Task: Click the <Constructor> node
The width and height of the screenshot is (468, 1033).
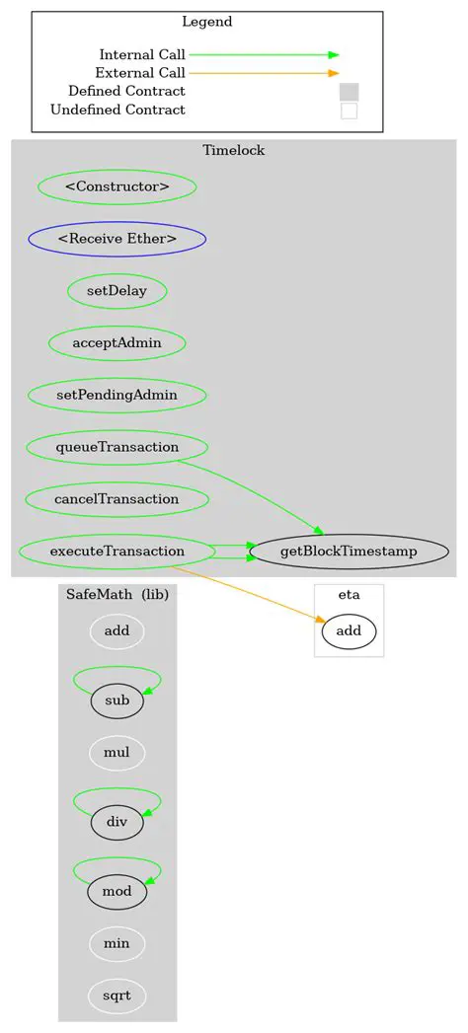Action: point(117,185)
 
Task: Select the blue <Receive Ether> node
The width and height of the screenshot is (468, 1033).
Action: point(117,238)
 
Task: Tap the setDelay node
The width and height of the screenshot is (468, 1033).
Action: point(117,291)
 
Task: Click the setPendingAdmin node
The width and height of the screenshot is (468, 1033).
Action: point(117,395)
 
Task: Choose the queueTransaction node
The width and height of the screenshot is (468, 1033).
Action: point(117,447)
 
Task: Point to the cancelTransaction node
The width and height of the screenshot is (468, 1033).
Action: point(117,499)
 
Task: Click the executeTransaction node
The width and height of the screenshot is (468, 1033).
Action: point(117,551)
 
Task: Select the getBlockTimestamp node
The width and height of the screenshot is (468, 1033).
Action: point(350,551)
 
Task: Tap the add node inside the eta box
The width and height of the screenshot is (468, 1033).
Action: point(349,629)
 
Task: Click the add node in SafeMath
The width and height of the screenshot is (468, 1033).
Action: point(117,629)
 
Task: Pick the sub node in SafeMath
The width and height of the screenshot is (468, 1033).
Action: point(117,701)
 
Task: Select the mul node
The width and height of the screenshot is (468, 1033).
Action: point(117,753)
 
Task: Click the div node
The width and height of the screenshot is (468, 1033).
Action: point(117,821)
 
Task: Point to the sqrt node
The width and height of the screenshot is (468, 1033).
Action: point(117,996)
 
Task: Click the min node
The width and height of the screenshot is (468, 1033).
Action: point(117,944)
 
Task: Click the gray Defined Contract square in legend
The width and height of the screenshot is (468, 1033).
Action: point(349,92)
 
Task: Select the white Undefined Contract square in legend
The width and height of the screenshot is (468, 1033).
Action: point(349,111)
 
